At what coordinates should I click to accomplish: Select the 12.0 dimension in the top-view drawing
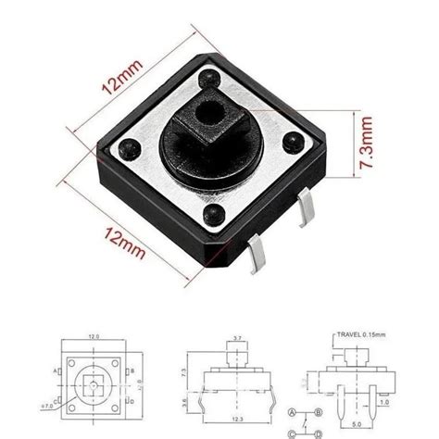click(93, 338)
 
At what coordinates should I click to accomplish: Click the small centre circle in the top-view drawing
click(93, 383)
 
